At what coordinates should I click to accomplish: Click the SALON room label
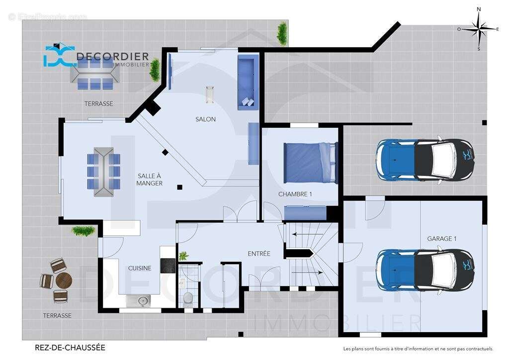(205, 119)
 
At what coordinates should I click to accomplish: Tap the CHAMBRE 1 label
(295, 194)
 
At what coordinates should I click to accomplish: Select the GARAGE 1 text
(441, 239)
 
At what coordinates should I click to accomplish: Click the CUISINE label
(140, 268)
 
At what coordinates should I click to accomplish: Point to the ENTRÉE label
(259, 254)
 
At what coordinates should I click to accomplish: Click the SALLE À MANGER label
(150, 180)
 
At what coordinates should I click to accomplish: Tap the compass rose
(479, 29)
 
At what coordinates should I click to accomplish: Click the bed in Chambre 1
(310, 163)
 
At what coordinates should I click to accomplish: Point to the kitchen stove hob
(168, 266)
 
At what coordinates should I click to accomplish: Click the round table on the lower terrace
(64, 281)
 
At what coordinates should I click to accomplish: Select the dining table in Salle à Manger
(103, 172)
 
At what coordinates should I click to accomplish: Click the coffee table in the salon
(210, 94)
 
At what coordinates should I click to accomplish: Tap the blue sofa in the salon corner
(247, 82)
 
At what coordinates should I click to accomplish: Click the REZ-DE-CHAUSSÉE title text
(70, 348)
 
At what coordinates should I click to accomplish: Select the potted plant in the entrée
(183, 256)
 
